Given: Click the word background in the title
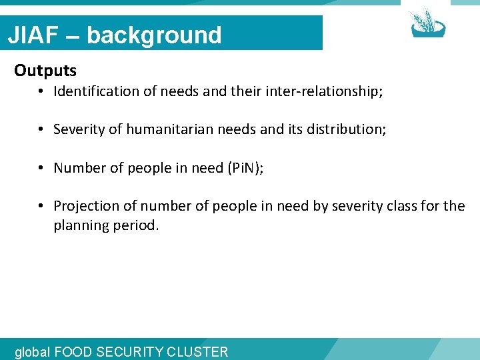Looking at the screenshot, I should (x=154, y=35).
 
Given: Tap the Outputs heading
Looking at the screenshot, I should (x=45, y=70).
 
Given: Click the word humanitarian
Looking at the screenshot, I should (x=183, y=129).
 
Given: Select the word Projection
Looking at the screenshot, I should (x=85, y=206).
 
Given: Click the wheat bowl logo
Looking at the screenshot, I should (x=427, y=23).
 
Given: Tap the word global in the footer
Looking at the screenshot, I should (x=32, y=351).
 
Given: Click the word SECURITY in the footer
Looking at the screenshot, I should (x=133, y=351).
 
